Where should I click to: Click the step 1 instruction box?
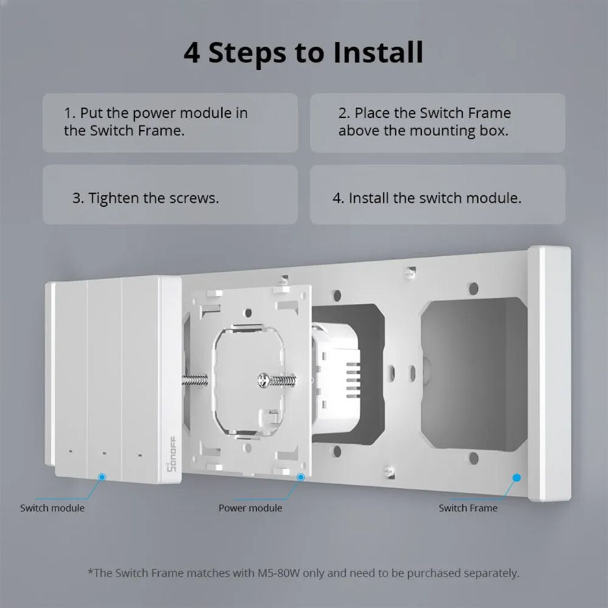[x=170, y=123]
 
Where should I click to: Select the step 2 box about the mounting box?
[x=437, y=123]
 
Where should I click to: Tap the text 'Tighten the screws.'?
[x=153, y=198]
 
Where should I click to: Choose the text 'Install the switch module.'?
[x=435, y=198]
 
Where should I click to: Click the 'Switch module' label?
[x=52, y=508]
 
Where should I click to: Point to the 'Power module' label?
[x=251, y=508]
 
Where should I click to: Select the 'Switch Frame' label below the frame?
[x=468, y=508]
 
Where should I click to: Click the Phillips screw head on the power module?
[x=263, y=381]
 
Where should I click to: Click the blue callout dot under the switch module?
[x=102, y=477]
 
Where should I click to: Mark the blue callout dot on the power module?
[x=301, y=477]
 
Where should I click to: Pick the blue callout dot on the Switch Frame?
[x=516, y=477]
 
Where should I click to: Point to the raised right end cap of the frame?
[x=549, y=374]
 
